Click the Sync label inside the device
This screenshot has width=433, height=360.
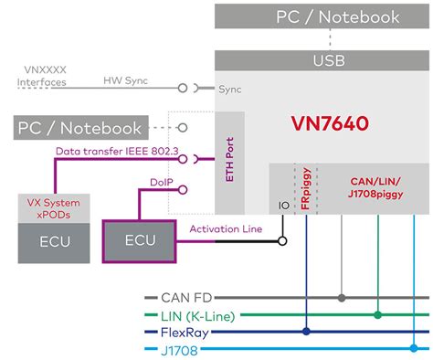pyautogui.click(x=229, y=90)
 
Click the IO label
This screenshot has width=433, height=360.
pyautogui.click(x=282, y=206)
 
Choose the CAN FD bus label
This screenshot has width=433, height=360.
pyautogui.click(x=188, y=298)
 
